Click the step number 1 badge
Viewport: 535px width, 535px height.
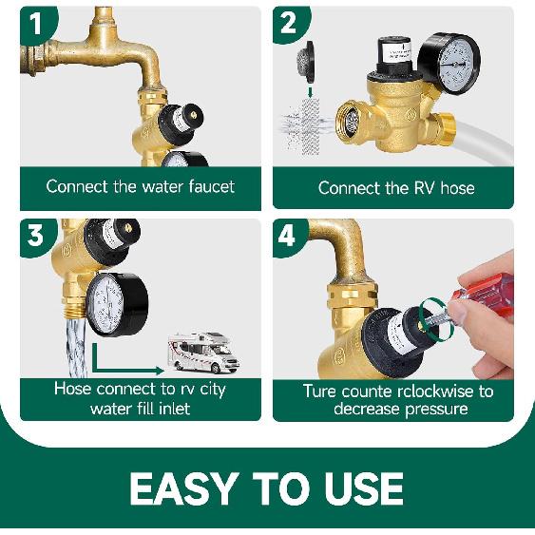[x=35, y=21]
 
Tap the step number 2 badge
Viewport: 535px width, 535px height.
[x=288, y=21]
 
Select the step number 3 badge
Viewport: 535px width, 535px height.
[x=35, y=235]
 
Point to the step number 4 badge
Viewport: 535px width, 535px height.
[x=288, y=235]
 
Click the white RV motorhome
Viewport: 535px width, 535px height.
[x=201, y=352]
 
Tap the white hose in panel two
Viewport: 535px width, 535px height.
[x=484, y=156]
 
